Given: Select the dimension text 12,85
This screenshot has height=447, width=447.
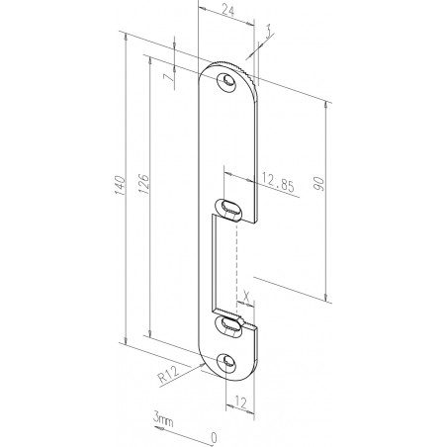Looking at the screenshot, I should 280,181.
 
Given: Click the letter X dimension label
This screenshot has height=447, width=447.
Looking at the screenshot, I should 244,294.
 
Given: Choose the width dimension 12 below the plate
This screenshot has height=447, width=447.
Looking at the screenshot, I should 238,403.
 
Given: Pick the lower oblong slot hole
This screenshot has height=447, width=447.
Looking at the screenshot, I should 229,322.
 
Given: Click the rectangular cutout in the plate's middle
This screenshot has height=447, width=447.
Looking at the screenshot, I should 223,262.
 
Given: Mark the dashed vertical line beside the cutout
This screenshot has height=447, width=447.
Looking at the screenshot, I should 239,262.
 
